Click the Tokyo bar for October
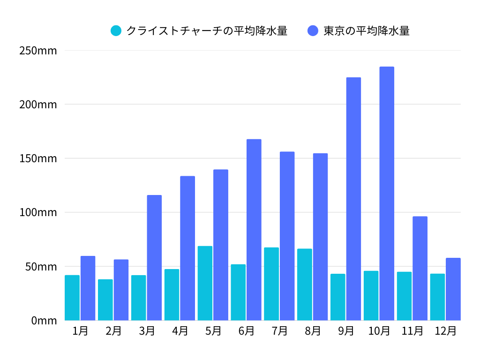point(387,194)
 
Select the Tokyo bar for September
point(353,199)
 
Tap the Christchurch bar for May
point(205,283)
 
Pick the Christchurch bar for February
point(105,300)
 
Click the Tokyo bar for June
point(254,230)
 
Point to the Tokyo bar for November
point(420,268)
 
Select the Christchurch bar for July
point(271,284)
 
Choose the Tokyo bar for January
point(88,288)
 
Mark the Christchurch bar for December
point(437,297)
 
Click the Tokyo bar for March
point(154,258)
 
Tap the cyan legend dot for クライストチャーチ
point(116,31)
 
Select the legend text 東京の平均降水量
point(367,31)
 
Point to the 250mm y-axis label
point(38,50)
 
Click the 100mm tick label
point(38,212)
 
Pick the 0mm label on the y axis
point(44,321)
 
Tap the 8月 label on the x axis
point(313,331)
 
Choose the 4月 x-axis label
point(180,331)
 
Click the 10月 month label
point(379,331)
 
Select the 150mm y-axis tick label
point(38,158)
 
